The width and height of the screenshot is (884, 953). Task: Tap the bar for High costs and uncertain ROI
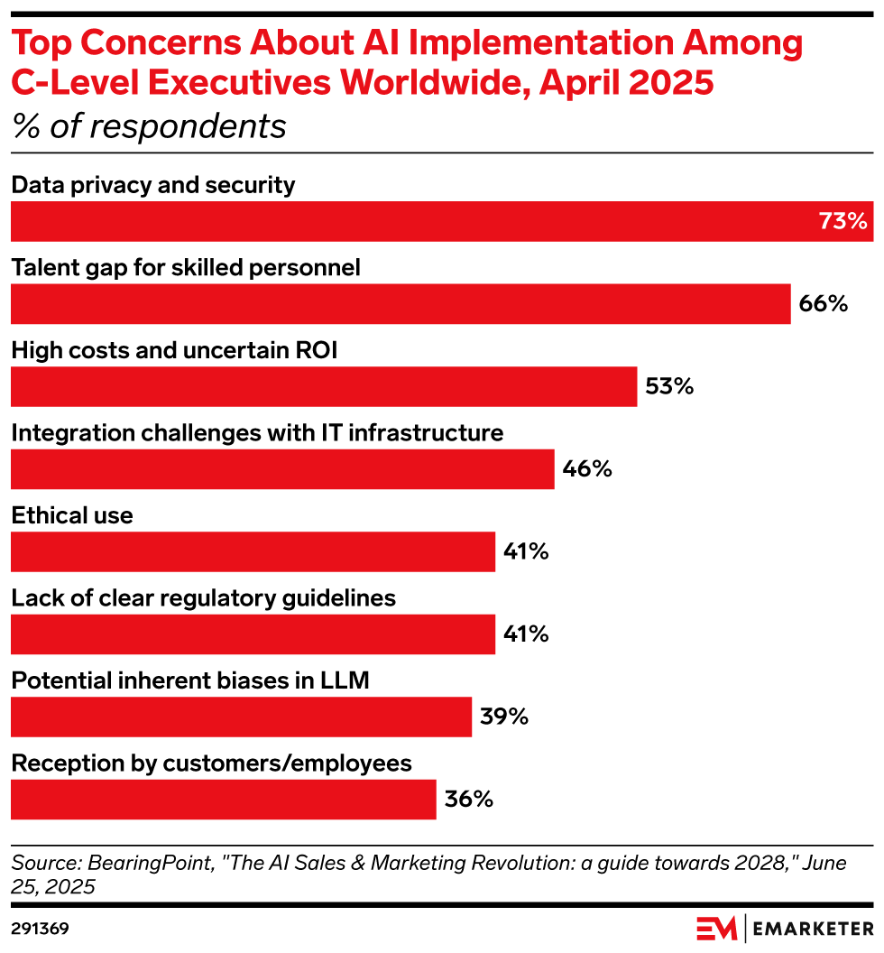pyautogui.click(x=324, y=387)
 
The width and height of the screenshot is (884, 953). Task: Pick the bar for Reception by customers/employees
pyautogui.click(x=223, y=800)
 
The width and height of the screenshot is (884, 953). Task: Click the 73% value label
pyautogui.click(x=843, y=222)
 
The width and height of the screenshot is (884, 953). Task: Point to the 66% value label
pyautogui.click(x=824, y=304)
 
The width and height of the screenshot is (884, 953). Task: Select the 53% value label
pyautogui.click(x=669, y=387)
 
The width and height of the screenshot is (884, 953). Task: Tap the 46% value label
pyautogui.click(x=587, y=469)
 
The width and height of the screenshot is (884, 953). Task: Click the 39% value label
pyautogui.click(x=503, y=717)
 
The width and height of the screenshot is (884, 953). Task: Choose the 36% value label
pyautogui.click(x=468, y=800)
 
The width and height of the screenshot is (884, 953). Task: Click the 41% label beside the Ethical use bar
pyautogui.click(x=527, y=551)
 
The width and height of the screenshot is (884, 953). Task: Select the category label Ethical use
pyautogui.click(x=72, y=515)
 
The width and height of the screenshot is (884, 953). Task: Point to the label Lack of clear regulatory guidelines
pyautogui.click(x=203, y=597)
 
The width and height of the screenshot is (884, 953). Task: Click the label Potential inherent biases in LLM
pyautogui.click(x=190, y=680)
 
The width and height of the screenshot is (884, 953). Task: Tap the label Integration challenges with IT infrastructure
pyautogui.click(x=257, y=432)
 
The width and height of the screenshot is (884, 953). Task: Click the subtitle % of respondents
pyautogui.click(x=149, y=126)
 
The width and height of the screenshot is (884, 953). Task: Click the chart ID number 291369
pyautogui.click(x=40, y=928)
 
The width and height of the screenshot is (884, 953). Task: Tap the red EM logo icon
pyautogui.click(x=716, y=928)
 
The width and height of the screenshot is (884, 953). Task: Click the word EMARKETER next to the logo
pyautogui.click(x=812, y=928)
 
